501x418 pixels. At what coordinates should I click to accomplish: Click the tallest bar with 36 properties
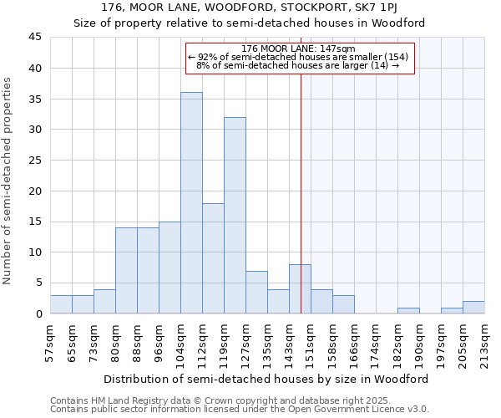coord(191,203)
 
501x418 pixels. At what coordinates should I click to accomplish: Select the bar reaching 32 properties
coord(235,216)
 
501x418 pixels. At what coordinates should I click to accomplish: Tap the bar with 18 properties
coord(213,258)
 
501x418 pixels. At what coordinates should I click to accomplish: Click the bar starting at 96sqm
coord(170,268)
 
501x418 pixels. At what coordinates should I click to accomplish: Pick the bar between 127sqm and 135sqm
coord(256,293)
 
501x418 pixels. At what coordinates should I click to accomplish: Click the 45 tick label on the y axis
coord(34,38)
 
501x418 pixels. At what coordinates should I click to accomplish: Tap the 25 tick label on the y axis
coord(34,161)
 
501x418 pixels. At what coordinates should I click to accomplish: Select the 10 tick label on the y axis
coord(34,252)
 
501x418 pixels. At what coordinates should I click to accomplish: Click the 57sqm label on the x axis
coord(50,344)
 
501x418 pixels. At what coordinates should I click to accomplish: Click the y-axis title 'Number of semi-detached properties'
coord(8,181)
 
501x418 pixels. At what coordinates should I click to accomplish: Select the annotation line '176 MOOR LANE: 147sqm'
coord(298,49)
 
